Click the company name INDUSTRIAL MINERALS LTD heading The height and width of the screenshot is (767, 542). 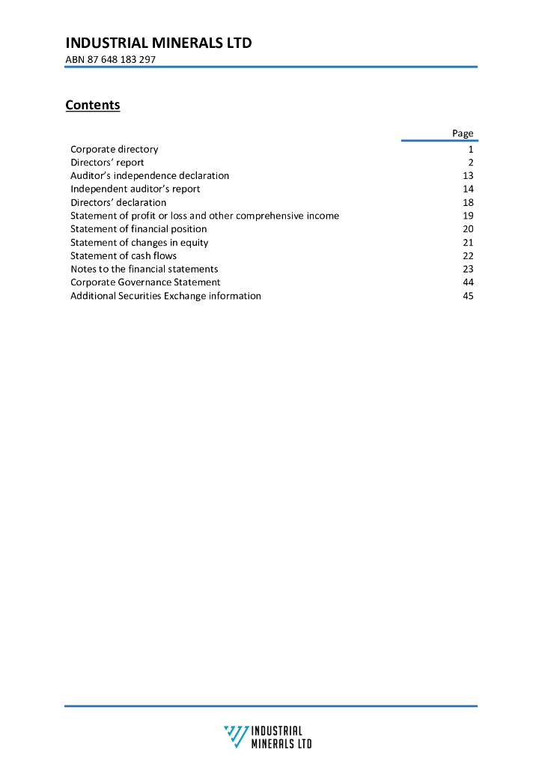(159, 43)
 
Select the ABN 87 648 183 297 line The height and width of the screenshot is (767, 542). (111, 59)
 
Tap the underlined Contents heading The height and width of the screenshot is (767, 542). (93, 105)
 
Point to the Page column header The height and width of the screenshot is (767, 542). (463, 133)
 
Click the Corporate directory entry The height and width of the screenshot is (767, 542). (115, 149)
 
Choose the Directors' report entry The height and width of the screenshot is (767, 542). (107, 163)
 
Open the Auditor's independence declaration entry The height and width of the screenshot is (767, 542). (150, 175)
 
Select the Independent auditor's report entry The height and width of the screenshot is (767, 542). (135, 189)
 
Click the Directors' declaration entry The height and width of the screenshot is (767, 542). (118, 202)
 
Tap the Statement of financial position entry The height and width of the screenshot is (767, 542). (138, 229)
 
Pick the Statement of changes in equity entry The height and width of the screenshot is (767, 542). (139, 243)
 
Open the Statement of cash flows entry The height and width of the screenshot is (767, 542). (124, 255)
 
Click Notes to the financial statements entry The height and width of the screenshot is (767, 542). (144, 269)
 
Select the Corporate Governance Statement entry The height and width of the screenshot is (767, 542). (145, 282)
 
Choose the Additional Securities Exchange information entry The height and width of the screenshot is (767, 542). (165, 296)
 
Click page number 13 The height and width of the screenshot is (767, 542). (469, 175)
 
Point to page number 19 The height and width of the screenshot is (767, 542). (469, 216)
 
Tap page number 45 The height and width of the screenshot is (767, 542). (469, 296)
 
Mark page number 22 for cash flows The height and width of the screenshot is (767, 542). (469, 255)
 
